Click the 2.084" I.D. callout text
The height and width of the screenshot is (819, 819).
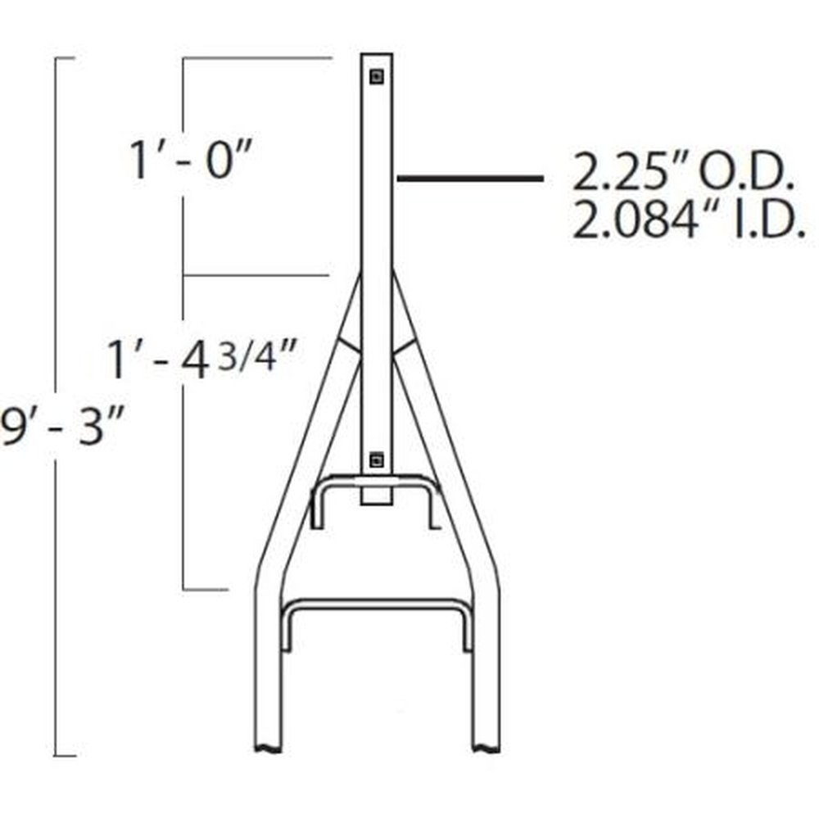687,222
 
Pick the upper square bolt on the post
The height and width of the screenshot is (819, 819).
376,77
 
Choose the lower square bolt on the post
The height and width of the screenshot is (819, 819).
376,459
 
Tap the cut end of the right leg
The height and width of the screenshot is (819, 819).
485,747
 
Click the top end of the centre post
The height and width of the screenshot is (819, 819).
377,56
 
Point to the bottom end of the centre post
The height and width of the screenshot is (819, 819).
377,501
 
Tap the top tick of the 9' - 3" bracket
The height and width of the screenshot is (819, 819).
65,58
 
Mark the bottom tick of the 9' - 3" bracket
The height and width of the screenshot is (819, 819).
65,755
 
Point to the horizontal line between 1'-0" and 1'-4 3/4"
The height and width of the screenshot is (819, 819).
255,274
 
